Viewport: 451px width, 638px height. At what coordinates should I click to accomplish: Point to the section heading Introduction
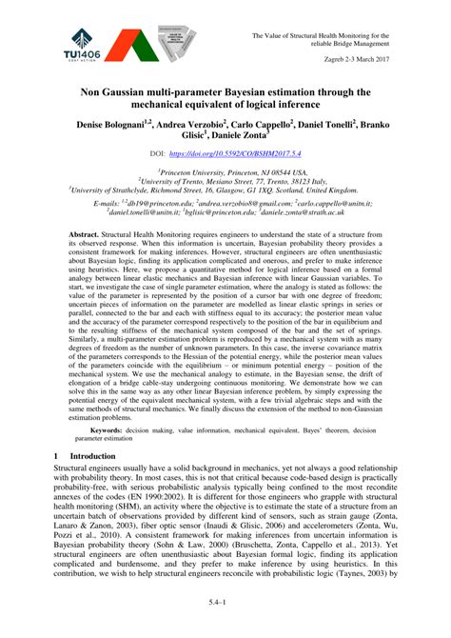click(x=93, y=457)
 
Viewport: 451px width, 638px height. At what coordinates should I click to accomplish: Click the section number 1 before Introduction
click(x=55, y=457)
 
